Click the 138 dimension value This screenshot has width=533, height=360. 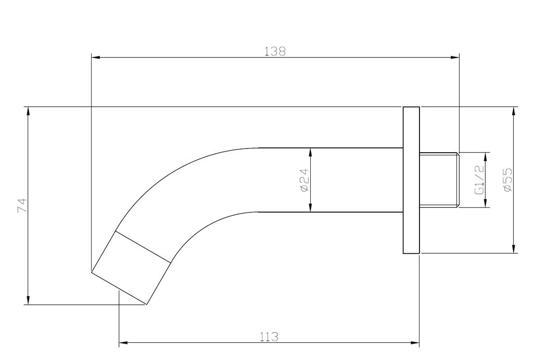point(275,52)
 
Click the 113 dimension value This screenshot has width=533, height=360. point(269,337)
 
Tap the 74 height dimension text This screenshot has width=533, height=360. point(22,205)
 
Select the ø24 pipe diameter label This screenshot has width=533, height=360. point(304,180)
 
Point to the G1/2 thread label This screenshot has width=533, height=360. point(479,180)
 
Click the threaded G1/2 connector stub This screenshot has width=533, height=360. point(439,180)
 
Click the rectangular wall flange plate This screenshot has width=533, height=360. point(411,180)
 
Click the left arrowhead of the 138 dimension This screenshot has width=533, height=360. point(96,57)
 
